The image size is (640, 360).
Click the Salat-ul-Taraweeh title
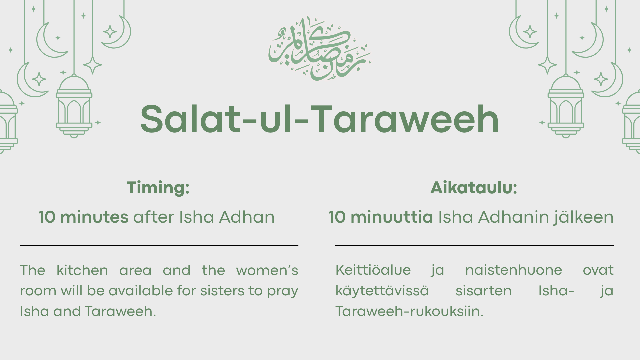pyautogui.click(x=319, y=119)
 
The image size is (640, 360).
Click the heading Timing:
pyautogui.click(x=158, y=188)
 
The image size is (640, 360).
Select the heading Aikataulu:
pyautogui.click(x=474, y=188)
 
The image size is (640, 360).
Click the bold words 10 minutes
pyautogui.click(x=83, y=217)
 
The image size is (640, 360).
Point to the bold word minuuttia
pyautogui.click(x=392, y=217)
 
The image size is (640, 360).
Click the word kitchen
pyautogui.click(x=82, y=270)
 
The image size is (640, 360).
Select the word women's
pyautogui.click(x=267, y=270)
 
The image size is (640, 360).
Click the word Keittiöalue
pyautogui.click(x=373, y=270)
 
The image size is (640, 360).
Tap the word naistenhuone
pyautogui.click(x=513, y=270)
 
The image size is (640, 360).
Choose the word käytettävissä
pyautogui.click(x=382, y=291)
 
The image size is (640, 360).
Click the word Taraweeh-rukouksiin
pyautogui.click(x=409, y=311)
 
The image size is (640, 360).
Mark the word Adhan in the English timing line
pyautogui.click(x=247, y=217)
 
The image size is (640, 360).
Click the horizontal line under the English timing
pyautogui.click(x=159, y=245)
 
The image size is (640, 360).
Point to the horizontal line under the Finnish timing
pyautogui.click(x=474, y=245)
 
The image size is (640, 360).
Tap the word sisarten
pyautogui.click(x=483, y=291)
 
